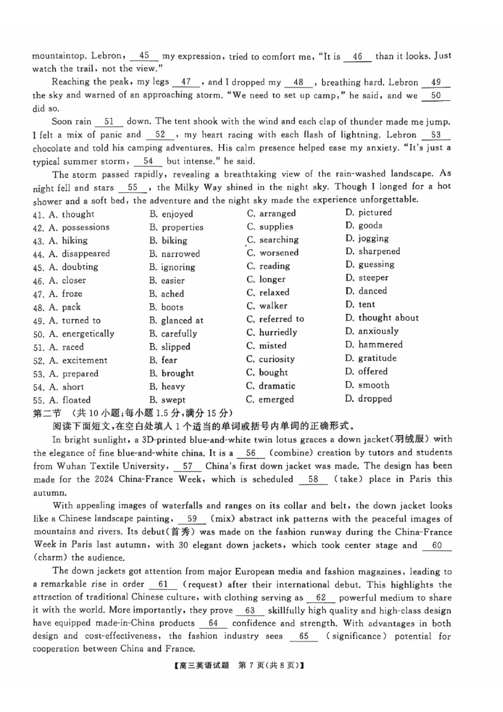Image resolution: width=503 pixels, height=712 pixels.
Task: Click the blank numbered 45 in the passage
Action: click(x=145, y=55)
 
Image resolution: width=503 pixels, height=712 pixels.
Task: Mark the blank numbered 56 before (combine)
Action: click(x=251, y=453)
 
